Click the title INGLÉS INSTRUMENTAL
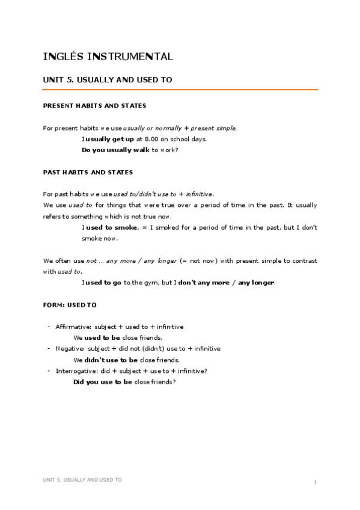(108, 57)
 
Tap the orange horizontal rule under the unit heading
(180, 90)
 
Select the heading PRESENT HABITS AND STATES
(94, 106)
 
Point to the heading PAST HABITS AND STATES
(88, 173)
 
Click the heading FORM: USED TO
(70, 306)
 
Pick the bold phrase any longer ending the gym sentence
(256, 283)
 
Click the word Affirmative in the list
(73, 327)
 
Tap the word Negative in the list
(70, 349)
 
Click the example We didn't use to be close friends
(126, 360)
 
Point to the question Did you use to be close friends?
(124, 382)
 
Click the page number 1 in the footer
(315, 482)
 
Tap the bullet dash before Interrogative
(48, 371)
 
